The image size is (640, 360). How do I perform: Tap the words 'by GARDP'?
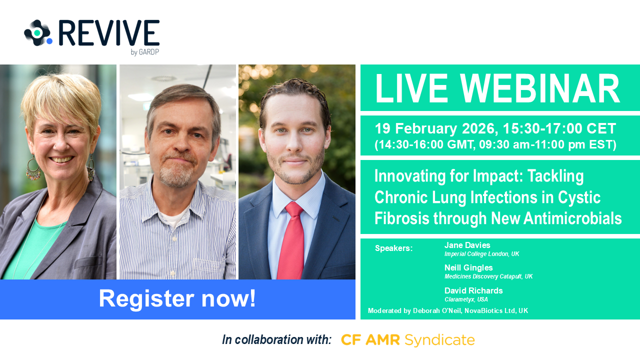tap(145, 52)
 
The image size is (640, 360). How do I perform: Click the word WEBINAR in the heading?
tap(540, 88)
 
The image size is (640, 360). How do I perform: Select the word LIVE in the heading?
tap(411, 88)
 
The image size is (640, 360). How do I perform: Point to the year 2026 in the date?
tap(478, 128)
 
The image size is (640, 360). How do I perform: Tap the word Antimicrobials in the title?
tap(572, 218)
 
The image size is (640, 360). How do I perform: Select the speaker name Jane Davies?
tap(467, 245)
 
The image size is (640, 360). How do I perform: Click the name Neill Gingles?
tap(468, 267)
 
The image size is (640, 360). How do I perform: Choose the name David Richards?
tap(473, 291)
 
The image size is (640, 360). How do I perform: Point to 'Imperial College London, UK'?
tap(481, 254)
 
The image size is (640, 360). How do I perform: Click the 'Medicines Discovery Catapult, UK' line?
tap(488, 276)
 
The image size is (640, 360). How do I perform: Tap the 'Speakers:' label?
tap(393, 248)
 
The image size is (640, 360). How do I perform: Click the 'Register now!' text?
tap(177, 299)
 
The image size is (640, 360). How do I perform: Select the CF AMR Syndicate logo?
tap(408, 340)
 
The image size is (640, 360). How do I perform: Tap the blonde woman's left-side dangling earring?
tap(33, 168)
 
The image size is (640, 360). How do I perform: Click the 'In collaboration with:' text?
tap(276, 340)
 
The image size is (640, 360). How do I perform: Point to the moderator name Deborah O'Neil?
tap(437, 311)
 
